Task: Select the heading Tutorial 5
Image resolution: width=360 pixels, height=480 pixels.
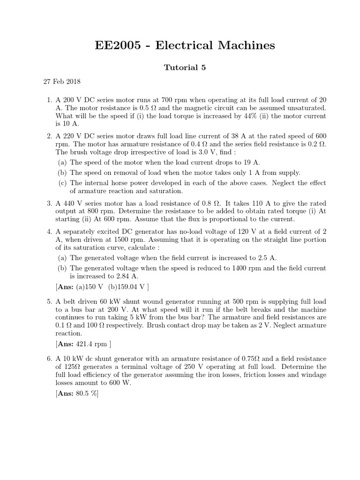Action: tap(184, 67)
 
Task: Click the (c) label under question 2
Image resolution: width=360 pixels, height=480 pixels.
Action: tap(62, 183)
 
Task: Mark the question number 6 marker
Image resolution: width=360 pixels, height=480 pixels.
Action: tap(49, 359)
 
